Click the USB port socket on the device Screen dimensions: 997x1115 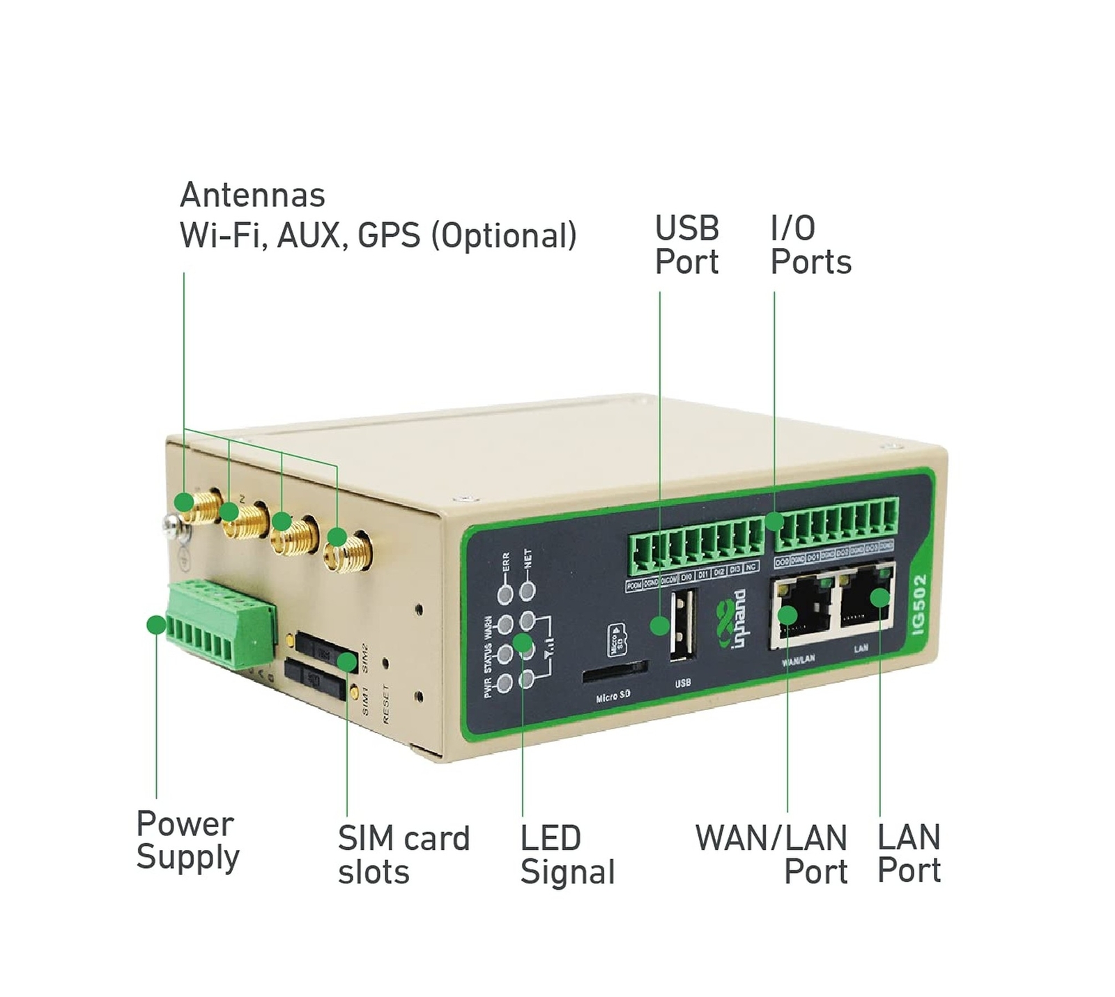[682, 623]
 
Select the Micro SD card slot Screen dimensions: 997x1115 [613, 672]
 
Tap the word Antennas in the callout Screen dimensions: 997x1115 [252, 196]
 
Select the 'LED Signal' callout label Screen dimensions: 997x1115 [567, 855]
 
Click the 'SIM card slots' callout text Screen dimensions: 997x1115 [403, 855]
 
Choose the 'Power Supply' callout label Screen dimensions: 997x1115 [187, 840]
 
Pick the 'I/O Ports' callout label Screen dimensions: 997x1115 [810, 245]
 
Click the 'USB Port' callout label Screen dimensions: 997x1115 [686, 245]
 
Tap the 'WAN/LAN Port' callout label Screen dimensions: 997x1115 [771, 855]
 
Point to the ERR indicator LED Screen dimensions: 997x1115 [505, 594]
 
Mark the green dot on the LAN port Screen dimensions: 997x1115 [879, 598]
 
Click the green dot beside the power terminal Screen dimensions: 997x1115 [157, 625]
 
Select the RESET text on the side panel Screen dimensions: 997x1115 [386, 704]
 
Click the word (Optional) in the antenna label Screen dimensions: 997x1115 [503, 236]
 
